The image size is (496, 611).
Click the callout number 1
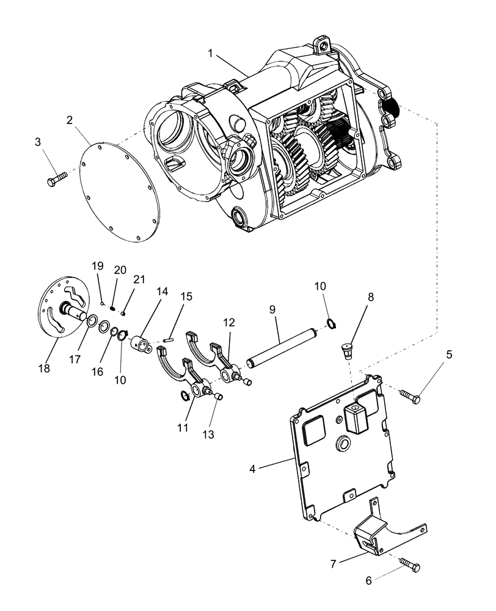pos(210,54)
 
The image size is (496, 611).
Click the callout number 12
pos(228,323)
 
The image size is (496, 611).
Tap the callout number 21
pos(139,279)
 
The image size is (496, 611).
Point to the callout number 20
pos(119,270)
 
